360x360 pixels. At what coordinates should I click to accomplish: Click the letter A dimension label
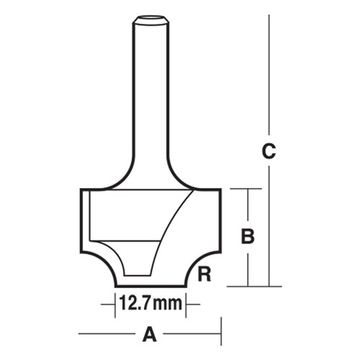150,334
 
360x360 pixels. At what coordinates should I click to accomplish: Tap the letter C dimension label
269,152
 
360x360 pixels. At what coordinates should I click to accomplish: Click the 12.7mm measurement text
150,304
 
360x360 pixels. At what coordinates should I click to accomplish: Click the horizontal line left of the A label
108,334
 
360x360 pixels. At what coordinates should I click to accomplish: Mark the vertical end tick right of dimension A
221,334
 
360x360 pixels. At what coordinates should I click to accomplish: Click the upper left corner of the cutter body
81,190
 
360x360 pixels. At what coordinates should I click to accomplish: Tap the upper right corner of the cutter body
219,190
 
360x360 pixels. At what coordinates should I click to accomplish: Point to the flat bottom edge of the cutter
150,286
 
